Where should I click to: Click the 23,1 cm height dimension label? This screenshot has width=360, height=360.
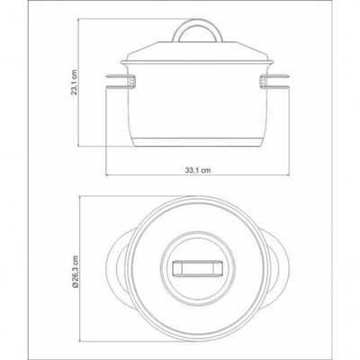click(74, 83)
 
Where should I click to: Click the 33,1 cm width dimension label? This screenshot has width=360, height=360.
click(198, 170)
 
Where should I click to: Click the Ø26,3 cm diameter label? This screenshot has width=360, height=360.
click(75, 272)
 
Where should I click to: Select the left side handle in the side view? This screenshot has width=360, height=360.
click(120, 82)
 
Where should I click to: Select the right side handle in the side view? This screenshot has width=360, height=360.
click(274, 82)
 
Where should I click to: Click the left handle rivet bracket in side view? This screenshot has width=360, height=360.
click(133, 82)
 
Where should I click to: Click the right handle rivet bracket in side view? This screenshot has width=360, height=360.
click(263, 82)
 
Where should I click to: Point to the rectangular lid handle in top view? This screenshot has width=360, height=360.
click(198, 268)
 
